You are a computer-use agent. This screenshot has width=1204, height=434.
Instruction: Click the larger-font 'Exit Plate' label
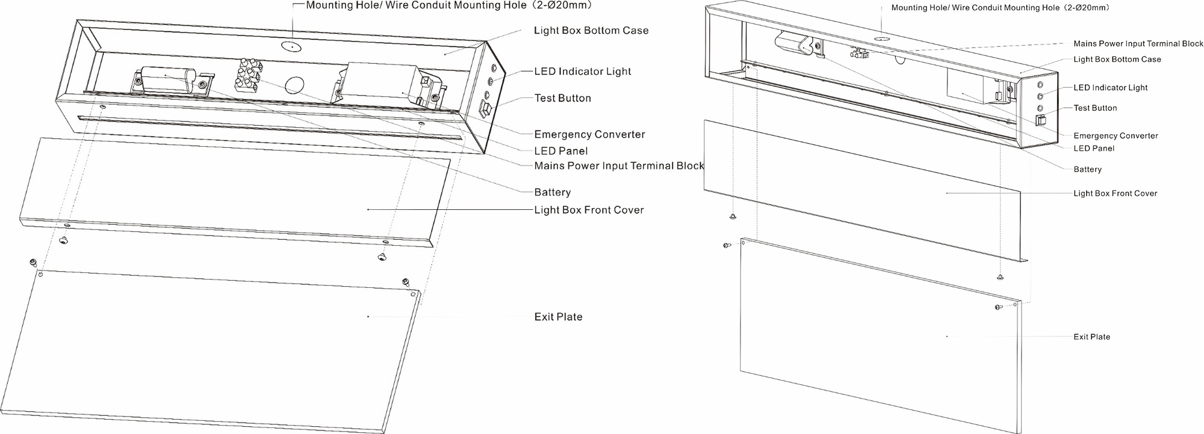pos(558,317)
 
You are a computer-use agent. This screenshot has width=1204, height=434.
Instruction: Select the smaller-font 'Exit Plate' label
pos(1091,337)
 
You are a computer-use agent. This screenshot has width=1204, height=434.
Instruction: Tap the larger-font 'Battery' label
pos(552,192)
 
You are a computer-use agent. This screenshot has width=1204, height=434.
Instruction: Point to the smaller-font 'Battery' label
pos(1087,170)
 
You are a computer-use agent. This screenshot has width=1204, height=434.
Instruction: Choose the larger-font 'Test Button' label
pos(562,98)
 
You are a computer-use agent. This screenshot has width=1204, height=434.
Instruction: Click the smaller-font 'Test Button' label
pos(1095,108)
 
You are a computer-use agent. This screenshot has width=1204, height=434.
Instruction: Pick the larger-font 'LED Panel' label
pos(560,151)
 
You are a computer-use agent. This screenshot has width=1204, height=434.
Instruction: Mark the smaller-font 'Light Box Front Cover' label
pos(1115,194)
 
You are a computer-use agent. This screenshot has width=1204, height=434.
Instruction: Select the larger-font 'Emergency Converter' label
pos(589,135)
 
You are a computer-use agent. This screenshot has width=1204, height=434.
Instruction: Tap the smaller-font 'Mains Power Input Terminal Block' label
pos(1138,44)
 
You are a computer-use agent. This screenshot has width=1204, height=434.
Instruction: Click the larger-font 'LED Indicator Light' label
pos(583,72)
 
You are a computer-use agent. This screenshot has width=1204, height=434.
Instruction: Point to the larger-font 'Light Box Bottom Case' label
pos(591,31)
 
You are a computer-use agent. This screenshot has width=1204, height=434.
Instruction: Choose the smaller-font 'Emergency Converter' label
pos(1116,136)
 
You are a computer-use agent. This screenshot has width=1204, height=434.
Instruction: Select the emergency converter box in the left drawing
pos(385,85)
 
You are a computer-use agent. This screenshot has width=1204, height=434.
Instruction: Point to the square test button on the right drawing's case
pos(1040,119)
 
